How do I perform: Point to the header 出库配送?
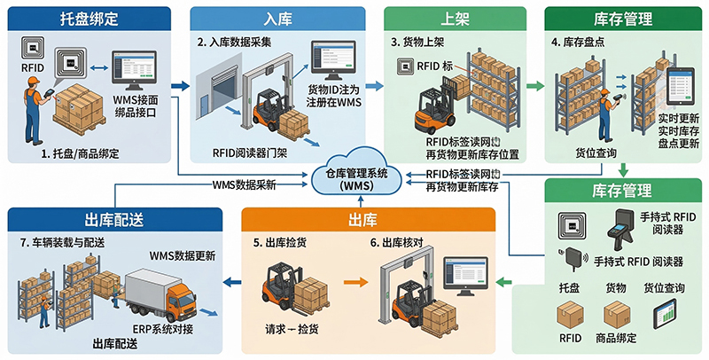point(113,218)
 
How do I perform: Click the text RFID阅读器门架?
point(251,153)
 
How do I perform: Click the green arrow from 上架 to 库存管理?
point(534,87)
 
